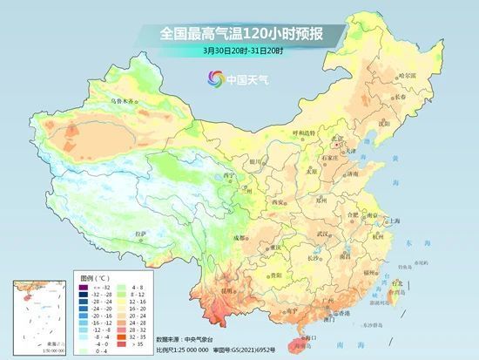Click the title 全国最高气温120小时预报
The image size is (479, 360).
tap(241, 32)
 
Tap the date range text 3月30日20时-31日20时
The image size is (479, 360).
tap(241, 51)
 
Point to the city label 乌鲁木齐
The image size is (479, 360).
tap(124, 101)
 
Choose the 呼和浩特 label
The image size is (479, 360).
tap(301, 133)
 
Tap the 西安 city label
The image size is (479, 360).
tap(279, 201)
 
